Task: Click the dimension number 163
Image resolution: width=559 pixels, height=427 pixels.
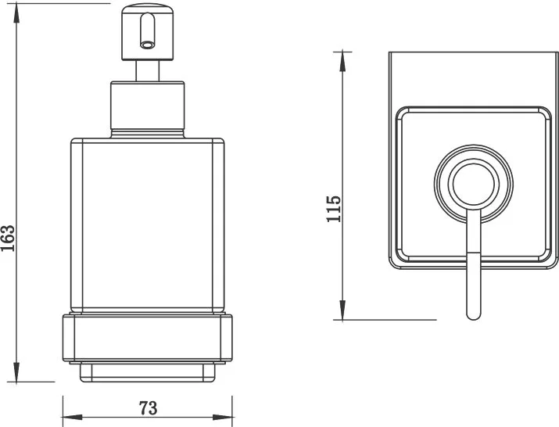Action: (8, 239)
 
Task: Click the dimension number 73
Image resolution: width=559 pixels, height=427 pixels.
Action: (148, 408)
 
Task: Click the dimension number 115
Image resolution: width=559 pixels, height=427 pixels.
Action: (334, 209)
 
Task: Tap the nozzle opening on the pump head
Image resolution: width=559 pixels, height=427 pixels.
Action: (147, 45)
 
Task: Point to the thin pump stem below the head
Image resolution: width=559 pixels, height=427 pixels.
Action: (148, 71)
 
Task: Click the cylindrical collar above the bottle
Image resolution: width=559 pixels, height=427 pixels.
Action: (148, 109)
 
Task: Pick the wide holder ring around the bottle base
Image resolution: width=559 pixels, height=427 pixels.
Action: (148, 338)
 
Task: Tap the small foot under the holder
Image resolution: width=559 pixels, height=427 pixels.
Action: (148, 372)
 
